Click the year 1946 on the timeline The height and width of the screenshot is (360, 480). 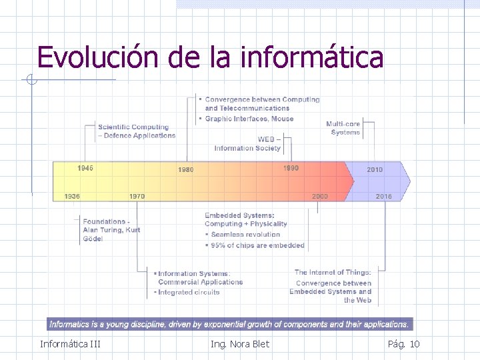click(85, 168)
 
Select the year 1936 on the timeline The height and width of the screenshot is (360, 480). click(72, 197)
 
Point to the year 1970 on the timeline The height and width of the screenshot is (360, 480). click(137, 197)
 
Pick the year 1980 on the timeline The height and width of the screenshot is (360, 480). click(185, 170)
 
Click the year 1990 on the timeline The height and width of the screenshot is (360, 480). click(291, 168)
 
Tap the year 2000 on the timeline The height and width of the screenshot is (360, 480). click(320, 197)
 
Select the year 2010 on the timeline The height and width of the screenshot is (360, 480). click(375, 170)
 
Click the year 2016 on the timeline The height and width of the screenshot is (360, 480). click(383, 197)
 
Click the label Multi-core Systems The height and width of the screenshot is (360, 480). click(343, 128)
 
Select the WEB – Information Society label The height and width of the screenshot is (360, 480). click(247, 144)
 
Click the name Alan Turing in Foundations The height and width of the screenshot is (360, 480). click(103, 230)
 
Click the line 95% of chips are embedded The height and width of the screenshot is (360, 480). click(257, 245)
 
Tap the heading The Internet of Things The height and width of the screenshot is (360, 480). click(333, 272)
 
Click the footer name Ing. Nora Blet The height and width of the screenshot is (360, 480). click(240, 344)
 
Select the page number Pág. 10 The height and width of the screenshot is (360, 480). click(403, 344)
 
